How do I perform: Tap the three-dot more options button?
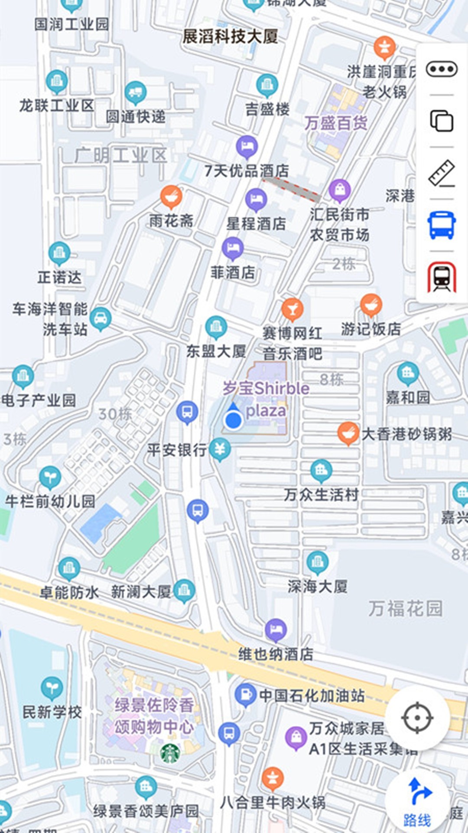(441, 69)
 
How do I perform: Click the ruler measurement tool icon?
(441, 173)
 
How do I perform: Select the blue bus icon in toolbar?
(441, 225)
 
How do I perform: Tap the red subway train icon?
(441, 277)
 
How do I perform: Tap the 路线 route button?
(417, 804)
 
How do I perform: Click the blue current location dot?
(234, 420)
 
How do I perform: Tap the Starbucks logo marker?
(170, 754)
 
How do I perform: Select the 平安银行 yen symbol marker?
(220, 449)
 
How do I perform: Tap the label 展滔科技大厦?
(230, 36)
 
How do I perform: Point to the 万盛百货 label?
(336, 123)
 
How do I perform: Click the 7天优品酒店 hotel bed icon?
(247, 146)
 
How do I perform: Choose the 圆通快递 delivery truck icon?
(136, 92)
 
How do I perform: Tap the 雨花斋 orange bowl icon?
(171, 196)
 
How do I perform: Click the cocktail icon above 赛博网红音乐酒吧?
(292, 308)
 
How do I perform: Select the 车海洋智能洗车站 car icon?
(101, 318)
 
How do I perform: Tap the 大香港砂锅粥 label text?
(406, 434)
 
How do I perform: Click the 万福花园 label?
(406, 608)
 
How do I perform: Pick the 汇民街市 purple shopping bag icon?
(340, 190)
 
